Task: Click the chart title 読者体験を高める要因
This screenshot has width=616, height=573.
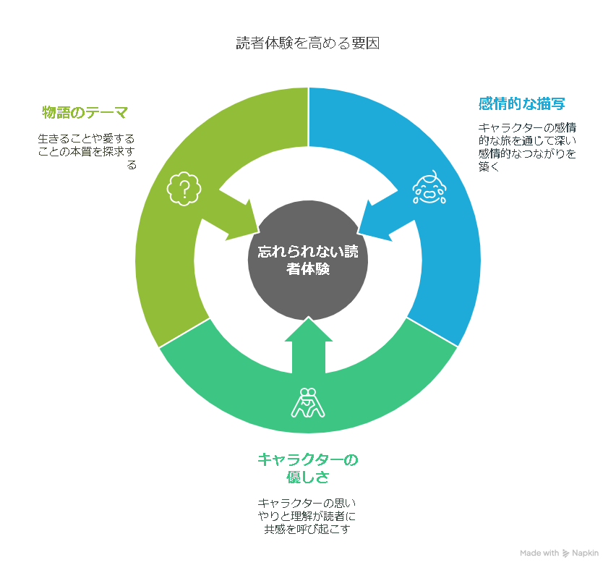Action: click(307, 43)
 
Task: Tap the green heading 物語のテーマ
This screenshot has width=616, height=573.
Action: click(85, 112)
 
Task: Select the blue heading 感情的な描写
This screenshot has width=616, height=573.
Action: click(522, 103)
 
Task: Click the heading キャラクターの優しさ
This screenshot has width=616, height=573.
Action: click(307, 468)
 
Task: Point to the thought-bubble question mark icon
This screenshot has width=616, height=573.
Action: click(184, 189)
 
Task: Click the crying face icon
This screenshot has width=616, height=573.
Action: click(429, 187)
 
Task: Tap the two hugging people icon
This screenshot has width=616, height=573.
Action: click(308, 402)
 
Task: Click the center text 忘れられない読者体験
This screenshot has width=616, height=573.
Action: click(308, 260)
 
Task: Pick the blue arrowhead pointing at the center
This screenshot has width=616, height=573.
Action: click(378, 221)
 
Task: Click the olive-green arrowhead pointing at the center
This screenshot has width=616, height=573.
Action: click(239, 221)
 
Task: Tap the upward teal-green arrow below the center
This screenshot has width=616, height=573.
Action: click(309, 345)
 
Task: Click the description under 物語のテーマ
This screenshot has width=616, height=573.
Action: click(87, 152)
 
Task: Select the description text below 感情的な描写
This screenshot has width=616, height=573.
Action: click(527, 147)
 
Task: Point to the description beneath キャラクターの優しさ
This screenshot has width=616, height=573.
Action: click(307, 516)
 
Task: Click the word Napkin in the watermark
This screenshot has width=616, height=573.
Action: click(586, 553)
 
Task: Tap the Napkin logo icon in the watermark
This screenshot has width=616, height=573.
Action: click(565, 553)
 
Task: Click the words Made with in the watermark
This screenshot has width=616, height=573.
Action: click(539, 553)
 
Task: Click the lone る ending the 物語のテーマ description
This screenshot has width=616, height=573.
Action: click(132, 165)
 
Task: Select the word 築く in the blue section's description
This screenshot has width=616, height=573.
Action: click(489, 166)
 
